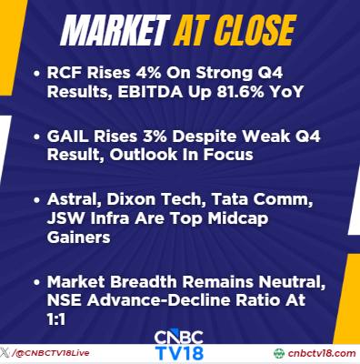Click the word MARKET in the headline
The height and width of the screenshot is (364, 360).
(x=115, y=30)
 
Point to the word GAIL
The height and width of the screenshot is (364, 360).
(x=68, y=136)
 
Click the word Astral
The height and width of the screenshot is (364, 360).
(x=75, y=199)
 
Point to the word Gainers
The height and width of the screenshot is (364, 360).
(x=78, y=237)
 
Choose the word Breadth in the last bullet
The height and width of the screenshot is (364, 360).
(x=143, y=282)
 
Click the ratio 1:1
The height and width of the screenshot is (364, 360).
(x=56, y=318)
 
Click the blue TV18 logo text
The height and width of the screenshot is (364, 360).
(x=179, y=353)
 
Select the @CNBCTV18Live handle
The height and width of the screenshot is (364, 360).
(x=52, y=353)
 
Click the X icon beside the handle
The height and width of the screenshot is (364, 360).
(x=5, y=353)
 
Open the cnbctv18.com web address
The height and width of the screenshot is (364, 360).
(x=322, y=353)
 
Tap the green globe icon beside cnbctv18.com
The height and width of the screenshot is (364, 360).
(x=279, y=353)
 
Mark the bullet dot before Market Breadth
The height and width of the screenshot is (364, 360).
(x=37, y=282)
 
